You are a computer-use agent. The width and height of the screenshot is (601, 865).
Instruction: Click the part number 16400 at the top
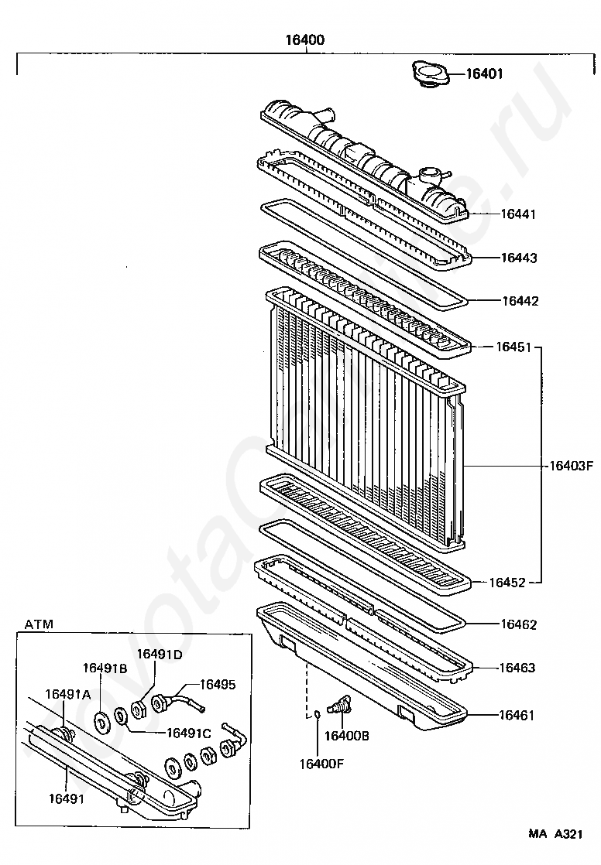304,40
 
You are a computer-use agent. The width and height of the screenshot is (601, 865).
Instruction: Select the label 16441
518,214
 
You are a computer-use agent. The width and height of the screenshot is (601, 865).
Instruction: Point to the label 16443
518,258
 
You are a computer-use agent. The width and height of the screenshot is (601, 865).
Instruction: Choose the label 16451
513,347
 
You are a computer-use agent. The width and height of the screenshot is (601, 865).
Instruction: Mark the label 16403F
571,466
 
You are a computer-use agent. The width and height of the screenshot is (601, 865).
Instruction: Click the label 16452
507,583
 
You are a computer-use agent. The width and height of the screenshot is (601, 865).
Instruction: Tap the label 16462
518,624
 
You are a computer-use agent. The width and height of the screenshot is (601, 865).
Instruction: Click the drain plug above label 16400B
340,706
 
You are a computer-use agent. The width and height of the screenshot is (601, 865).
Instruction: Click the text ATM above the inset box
39,624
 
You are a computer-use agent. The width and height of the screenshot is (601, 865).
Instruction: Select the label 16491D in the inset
160,654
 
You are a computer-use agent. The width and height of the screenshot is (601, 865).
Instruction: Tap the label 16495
218,684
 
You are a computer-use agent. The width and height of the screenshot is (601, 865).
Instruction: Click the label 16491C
189,733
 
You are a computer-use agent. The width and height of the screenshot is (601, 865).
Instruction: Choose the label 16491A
67,694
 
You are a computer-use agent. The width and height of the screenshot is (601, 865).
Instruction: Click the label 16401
484,74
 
